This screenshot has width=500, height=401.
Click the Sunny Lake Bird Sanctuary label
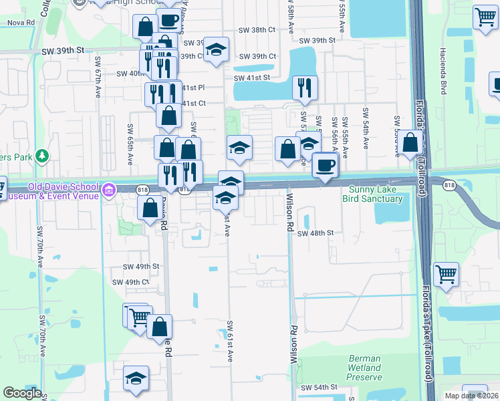pos(373,194)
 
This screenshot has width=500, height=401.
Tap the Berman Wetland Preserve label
pos(364,368)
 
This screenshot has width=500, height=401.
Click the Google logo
pos(22,393)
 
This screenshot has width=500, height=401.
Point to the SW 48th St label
pos(315,233)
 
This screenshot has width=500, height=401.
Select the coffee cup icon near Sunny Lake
pos(325,165)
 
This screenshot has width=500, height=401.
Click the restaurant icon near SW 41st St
pos(305,88)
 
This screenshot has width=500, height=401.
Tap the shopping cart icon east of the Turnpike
pos(446,274)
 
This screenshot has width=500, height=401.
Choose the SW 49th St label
pos(141,266)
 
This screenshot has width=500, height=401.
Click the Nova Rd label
pos(21,22)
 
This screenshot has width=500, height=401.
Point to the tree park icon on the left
pos(43,156)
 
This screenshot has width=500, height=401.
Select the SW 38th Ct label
pos(258,30)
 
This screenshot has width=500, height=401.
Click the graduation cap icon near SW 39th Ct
pos(216,50)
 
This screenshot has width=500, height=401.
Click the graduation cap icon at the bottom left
pos(136,379)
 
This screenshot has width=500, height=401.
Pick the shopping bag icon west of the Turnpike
pos(411,142)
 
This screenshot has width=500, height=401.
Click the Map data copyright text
pos(471,396)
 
